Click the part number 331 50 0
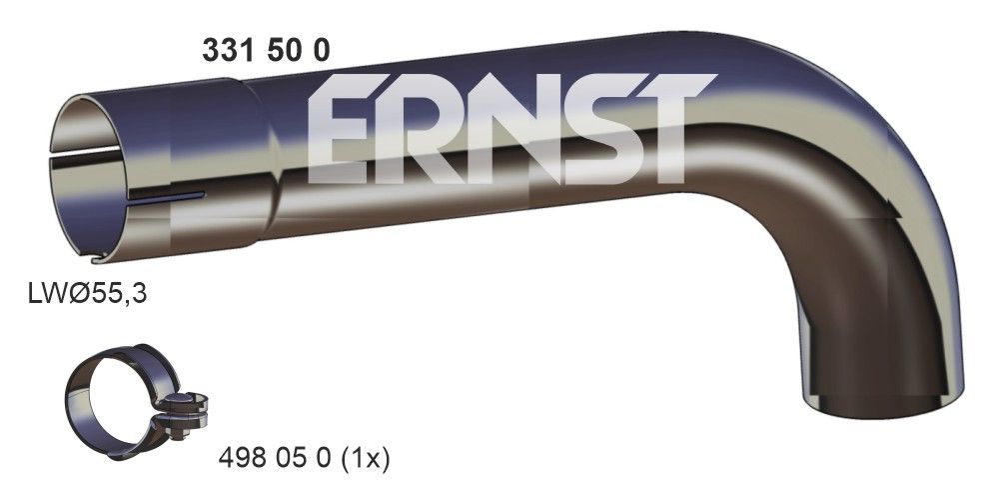point(265,49)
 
